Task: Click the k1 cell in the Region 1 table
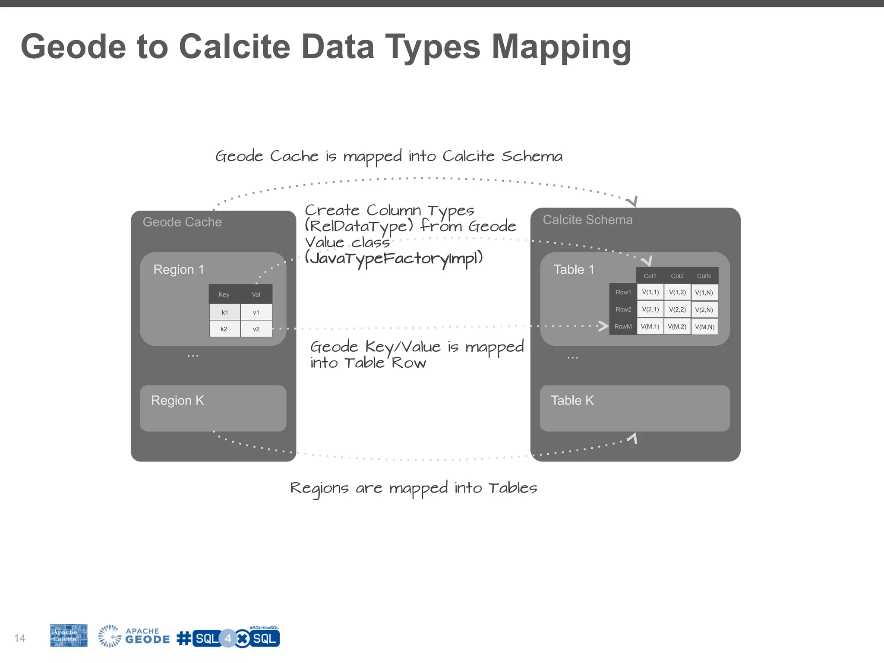click(x=224, y=313)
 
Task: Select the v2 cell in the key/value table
click(x=256, y=329)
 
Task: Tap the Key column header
click(x=224, y=295)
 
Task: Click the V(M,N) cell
click(x=704, y=327)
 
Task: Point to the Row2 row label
click(x=623, y=309)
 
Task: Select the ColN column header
click(x=704, y=276)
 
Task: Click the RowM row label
click(x=623, y=327)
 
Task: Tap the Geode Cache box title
click(x=182, y=222)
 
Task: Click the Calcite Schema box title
click(x=587, y=220)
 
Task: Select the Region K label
click(x=177, y=401)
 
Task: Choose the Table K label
click(x=572, y=401)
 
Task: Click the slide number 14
click(x=20, y=638)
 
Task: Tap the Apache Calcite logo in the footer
click(x=69, y=635)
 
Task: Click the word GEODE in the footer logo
click(x=147, y=640)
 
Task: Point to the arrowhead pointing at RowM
click(x=603, y=326)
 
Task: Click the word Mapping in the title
click(x=561, y=47)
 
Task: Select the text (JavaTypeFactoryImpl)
click(x=394, y=259)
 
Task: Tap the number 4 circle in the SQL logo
click(x=228, y=638)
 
